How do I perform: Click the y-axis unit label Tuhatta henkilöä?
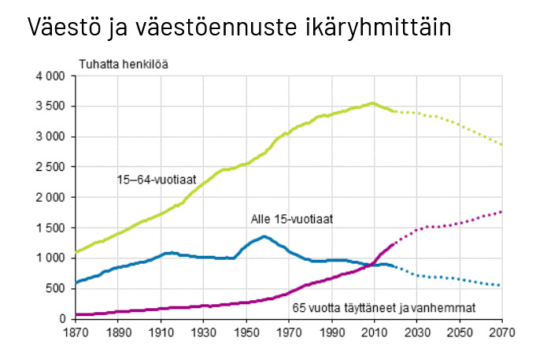(x=123, y=64)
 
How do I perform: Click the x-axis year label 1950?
(x=246, y=332)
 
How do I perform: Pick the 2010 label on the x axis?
(x=374, y=332)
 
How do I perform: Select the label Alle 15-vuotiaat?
(x=291, y=220)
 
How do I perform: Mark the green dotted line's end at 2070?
(x=501, y=144)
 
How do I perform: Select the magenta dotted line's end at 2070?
(x=501, y=211)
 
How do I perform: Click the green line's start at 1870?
(x=76, y=252)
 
